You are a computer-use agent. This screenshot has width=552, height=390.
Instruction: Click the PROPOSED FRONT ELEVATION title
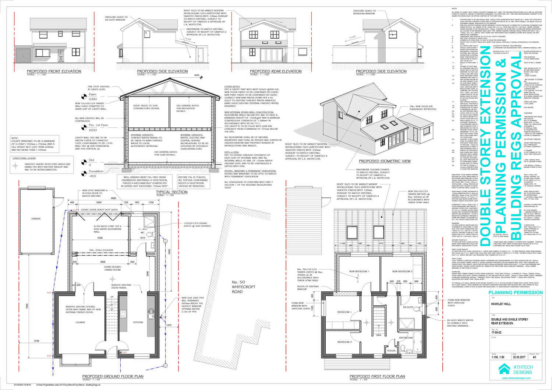tap(54, 71)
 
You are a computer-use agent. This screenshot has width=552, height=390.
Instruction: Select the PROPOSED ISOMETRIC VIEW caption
tap(385, 161)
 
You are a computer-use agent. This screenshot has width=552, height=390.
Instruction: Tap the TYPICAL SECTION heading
tap(171, 192)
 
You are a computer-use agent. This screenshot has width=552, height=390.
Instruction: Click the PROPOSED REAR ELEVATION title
tap(276, 71)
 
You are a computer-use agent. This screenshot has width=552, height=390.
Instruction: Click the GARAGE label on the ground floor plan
tap(36, 219)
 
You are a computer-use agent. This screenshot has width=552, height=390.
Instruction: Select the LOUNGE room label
tap(80, 322)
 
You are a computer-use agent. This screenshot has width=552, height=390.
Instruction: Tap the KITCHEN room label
tap(138, 322)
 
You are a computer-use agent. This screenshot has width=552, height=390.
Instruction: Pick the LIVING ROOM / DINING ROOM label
tap(112, 268)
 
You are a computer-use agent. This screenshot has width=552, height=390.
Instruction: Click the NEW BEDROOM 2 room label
tap(402, 271)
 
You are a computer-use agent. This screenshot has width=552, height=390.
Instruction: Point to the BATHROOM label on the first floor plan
tap(406, 338)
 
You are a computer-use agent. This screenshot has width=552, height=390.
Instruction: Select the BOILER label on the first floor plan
tap(391, 351)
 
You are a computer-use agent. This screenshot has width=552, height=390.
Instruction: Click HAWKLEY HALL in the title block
tap(501, 304)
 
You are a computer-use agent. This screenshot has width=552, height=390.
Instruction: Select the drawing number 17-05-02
tap(497, 332)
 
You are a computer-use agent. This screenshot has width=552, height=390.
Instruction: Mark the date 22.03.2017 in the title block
tap(518, 357)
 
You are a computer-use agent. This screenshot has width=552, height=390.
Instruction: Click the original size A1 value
tap(534, 357)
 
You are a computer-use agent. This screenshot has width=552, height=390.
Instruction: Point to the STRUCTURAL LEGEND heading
tap(24, 158)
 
